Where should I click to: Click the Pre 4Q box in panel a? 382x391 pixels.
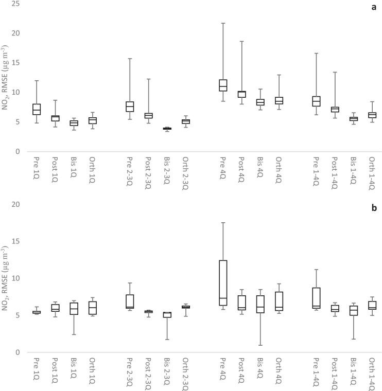[223, 85]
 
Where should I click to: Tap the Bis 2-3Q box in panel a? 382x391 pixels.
[167, 129]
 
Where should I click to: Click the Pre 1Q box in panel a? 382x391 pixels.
[37, 109]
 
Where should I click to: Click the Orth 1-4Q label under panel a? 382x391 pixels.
[372, 173]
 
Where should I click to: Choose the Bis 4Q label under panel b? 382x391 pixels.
[260, 371]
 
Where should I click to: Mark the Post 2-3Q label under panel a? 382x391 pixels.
[148, 173]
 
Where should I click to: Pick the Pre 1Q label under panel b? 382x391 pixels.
[37, 370]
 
